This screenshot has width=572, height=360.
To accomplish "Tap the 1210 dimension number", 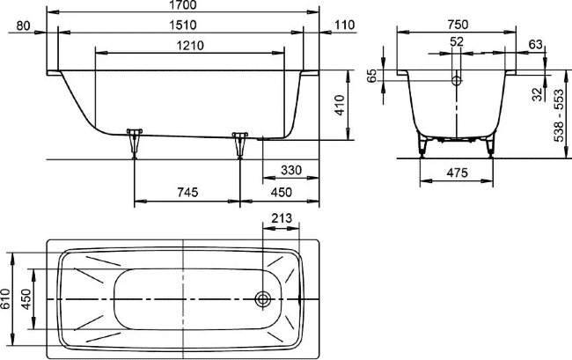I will point(189,44).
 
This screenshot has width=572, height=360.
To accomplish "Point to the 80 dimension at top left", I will point(36,25).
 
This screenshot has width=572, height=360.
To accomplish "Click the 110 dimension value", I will point(344,25).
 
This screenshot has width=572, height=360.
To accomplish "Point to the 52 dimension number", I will point(455,41).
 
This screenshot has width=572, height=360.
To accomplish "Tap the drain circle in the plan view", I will point(262,299).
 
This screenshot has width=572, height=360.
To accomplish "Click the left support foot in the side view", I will point(134,139).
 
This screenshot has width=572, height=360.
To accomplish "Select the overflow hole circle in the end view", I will point(455,80).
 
